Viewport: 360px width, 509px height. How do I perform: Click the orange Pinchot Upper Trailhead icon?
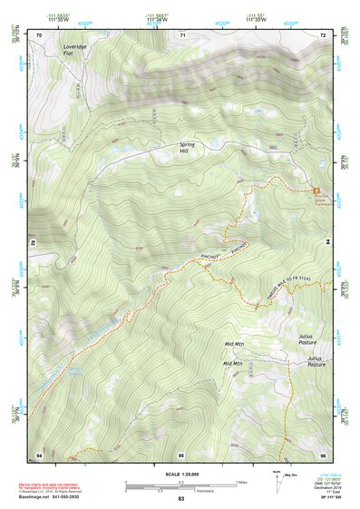tap(317, 191)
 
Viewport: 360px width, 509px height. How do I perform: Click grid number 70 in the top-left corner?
tap(40, 34)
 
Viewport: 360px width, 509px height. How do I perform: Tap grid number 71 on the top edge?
tap(182, 34)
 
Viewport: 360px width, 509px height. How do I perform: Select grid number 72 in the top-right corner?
tap(322, 34)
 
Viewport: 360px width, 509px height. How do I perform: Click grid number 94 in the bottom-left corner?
tap(39, 454)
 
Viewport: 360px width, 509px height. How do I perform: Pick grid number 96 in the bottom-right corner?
tap(322, 454)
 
